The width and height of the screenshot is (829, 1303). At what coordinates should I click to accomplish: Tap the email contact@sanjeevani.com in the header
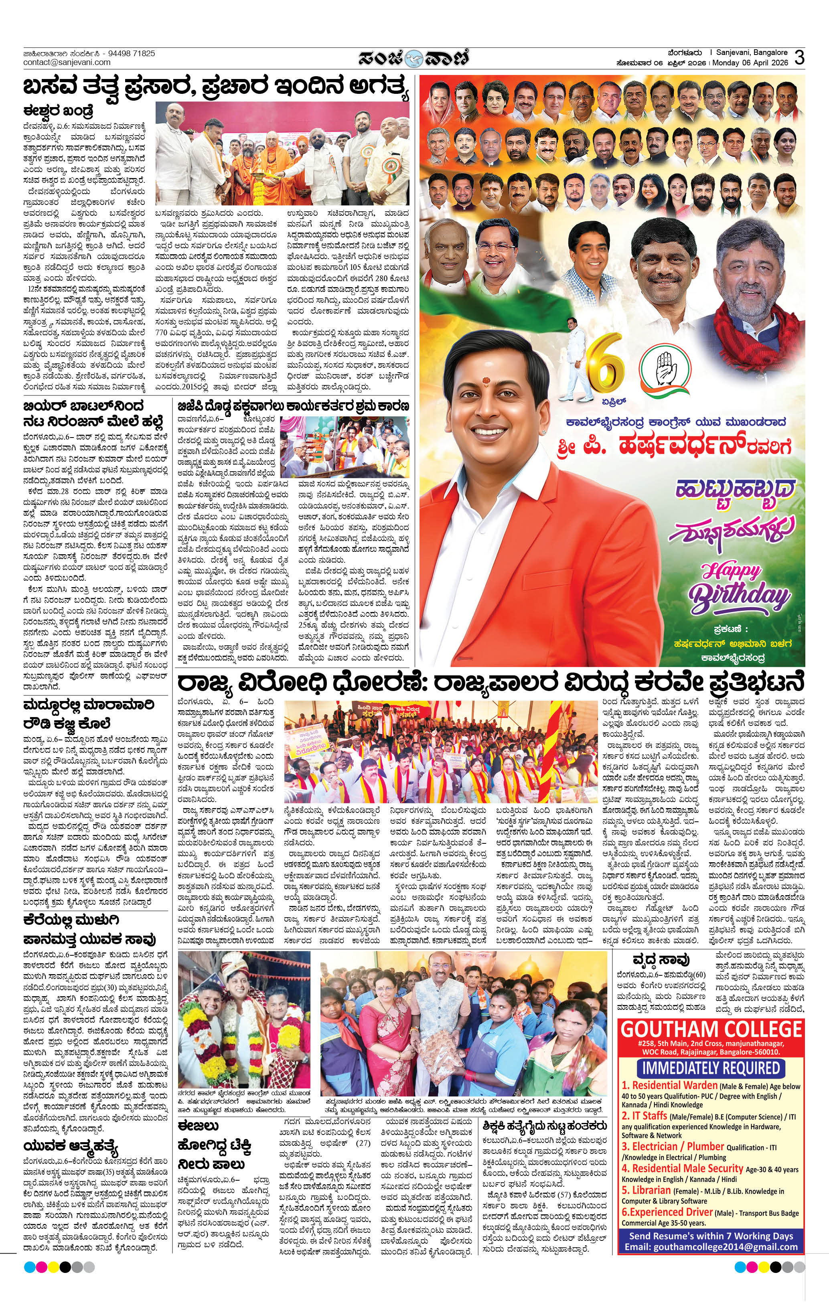[x=67, y=62]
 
